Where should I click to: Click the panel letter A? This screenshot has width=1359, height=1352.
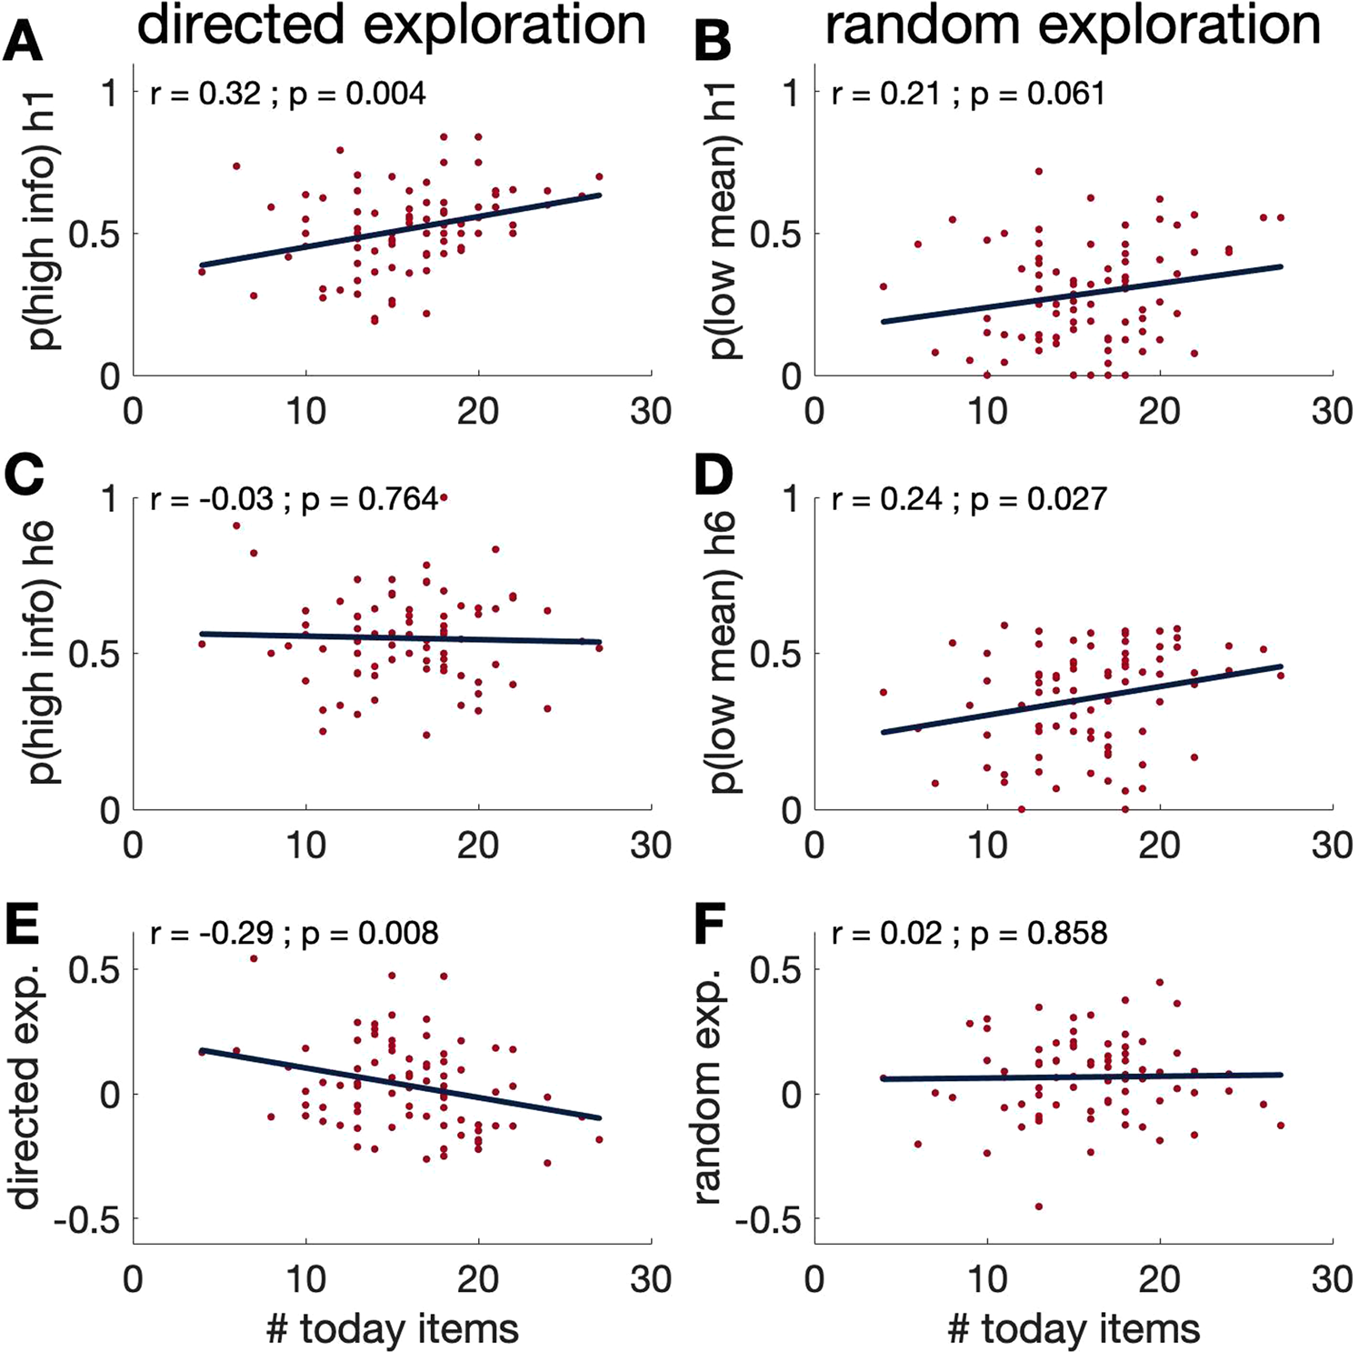[x=23, y=41]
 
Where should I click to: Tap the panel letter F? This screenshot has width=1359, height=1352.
[x=709, y=928]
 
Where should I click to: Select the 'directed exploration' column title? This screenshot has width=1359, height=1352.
[x=391, y=25]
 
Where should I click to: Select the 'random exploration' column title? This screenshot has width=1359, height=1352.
[x=1073, y=25]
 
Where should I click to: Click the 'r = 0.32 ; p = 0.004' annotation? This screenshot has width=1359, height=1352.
[x=287, y=95]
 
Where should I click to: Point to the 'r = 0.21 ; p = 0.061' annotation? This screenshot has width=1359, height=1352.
[x=968, y=95]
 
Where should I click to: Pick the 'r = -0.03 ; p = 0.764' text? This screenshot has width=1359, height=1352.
[x=294, y=499]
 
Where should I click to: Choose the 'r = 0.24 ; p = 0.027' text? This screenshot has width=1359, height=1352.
[x=969, y=499]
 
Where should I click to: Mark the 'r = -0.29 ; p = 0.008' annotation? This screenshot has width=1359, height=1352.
[x=294, y=934]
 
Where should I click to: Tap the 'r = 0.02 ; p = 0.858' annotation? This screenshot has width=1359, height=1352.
[x=969, y=934]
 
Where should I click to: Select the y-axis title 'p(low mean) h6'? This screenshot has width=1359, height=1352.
[x=724, y=652]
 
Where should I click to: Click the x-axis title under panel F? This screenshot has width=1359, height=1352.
[x=1073, y=1328]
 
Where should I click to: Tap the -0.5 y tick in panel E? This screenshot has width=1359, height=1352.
[x=86, y=1220]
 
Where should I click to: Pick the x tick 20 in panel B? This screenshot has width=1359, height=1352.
[x=1159, y=412]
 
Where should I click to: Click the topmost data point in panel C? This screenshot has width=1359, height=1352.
[x=444, y=497]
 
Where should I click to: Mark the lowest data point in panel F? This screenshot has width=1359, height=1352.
[x=1038, y=1207]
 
